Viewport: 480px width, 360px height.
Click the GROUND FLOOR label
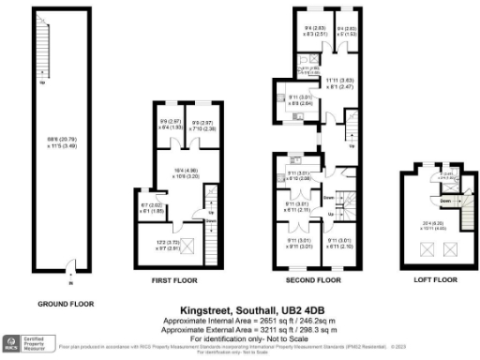[63, 304]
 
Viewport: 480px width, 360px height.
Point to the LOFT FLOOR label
[436, 279]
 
